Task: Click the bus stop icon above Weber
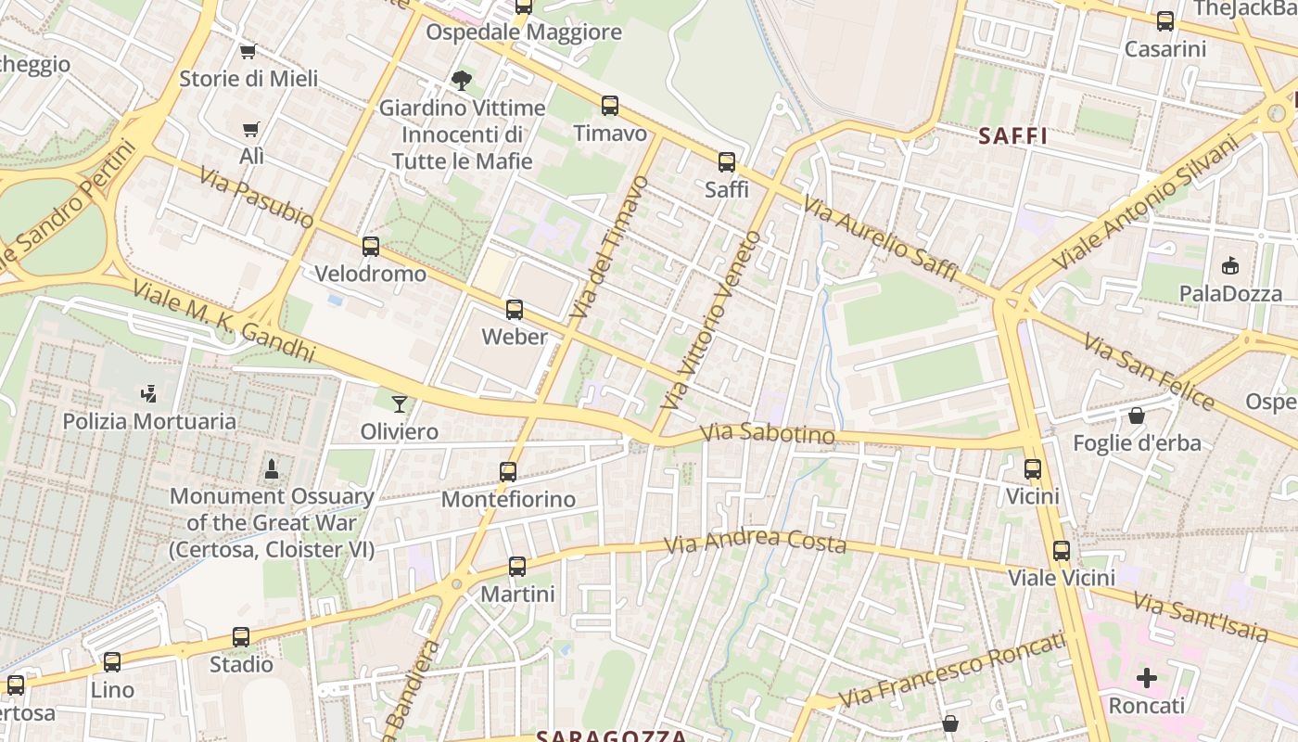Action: pyautogui.click(x=515, y=310)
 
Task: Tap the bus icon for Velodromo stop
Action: pyautogui.click(x=371, y=247)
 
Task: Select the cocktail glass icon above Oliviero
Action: pyautogui.click(x=400, y=403)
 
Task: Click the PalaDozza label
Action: pyautogui.click(x=1230, y=294)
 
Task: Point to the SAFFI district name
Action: pyautogui.click(x=1012, y=136)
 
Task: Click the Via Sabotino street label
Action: pyautogui.click(x=767, y=433)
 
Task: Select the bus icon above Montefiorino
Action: pyautogui.click(x=508, y=472)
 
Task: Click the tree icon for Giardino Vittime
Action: pyautogui.click(x=461, y=81)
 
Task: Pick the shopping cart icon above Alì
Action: pyautogui.click(x=250, y=130)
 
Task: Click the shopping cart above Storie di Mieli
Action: pyautogui.click(x=248, y=52)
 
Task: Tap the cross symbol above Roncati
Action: pyautogui.click(x=1147, y=678)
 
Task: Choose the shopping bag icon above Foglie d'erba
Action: pyautogui.click(x=1137, y=416)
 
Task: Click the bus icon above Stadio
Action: pyautogui.click(x=241, y=637)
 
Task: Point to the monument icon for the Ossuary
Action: pyautogui.click(x=272, y=468)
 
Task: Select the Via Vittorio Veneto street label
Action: pyautogui.click(x=713, y=320)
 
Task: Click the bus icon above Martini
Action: pyautogui.click(x=517, y=567)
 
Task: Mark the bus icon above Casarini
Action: pyautogui.click(x=1165, y=21)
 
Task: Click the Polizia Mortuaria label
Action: pyautogui.click(x=149, y=421)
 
